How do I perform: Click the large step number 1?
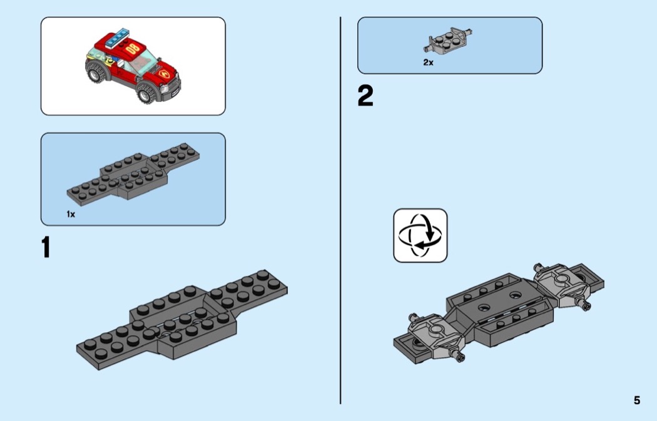tap(46, 247)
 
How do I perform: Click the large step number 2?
tap(365, 96)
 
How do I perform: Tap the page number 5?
tap(636, 400)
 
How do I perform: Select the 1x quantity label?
tap(71, 214)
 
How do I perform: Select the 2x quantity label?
tap(428, 63)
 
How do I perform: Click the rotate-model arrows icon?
tap(420, 235)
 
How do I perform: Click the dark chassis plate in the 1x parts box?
tap(131, 175)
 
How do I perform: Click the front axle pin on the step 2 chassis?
tap(462, 358)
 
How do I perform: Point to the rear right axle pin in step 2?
tap(586, 305)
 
